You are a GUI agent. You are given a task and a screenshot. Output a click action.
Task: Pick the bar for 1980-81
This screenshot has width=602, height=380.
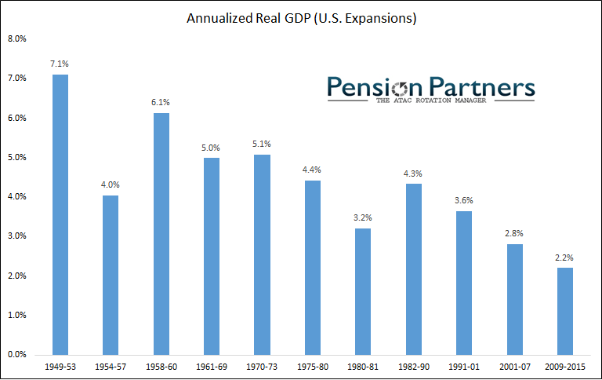[x=363, y=291]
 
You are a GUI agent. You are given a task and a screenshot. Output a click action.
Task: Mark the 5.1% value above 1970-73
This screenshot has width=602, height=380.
[x=262, y=144]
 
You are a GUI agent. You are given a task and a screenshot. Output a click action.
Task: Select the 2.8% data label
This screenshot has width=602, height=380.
[x=514, y=234]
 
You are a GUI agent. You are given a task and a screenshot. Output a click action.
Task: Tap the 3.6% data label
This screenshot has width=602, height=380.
[x=464, y=202]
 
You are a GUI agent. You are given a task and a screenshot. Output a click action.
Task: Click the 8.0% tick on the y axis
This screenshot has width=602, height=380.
[x=17, y=38]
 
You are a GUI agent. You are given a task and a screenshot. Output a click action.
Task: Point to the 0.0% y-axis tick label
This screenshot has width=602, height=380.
[x=17, y=355]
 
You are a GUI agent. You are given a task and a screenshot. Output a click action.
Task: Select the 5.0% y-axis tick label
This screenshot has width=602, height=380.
[x=17, y=157]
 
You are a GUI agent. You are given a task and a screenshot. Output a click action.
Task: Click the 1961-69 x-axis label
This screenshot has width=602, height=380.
[x=212, y=367]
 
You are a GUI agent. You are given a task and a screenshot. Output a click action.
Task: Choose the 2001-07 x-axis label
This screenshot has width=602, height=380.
[x=514, y=367]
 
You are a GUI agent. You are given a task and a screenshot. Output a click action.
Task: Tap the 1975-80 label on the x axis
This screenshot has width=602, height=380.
[x=312, y=367]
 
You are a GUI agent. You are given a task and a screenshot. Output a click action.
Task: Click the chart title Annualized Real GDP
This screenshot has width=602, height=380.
[x=301, y=17]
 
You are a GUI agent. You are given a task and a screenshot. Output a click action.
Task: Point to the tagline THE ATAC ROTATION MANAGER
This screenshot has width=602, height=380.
[x=430, y=100]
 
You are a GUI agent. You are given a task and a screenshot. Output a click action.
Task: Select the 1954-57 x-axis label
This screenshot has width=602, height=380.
[x=111, y=367]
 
